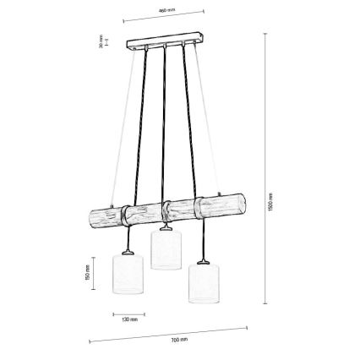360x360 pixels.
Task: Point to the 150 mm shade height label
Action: click(x=87, y=272)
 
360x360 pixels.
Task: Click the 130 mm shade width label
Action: click(x=128, y=320)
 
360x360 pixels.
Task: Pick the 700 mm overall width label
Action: click(x=178, y=338)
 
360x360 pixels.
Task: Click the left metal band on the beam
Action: click(x=125, y=215)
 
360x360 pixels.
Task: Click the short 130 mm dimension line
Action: click(x=128, y=314)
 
